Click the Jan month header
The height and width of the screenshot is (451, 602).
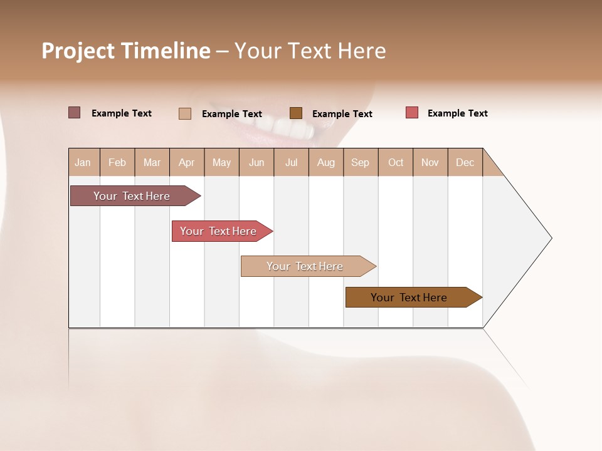[83, 162]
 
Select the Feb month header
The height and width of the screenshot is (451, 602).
[117, 162]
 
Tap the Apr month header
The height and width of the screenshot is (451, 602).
[186, 162]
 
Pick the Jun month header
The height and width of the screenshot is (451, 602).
[256, 162]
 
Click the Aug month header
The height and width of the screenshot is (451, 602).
[325, 162]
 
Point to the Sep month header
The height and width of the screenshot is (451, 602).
[360, 162]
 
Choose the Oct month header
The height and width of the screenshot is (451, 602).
[396, 162]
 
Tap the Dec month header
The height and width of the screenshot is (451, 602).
[465, 162]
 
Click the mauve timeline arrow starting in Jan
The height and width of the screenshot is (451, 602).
[132, 196]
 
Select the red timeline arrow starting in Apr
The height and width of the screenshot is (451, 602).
[218, 231]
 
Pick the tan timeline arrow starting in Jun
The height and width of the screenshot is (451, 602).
[305, 266]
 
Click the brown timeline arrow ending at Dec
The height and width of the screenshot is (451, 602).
[409, 298]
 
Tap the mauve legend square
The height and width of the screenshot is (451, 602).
[74, 113]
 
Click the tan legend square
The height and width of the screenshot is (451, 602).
[184, 113]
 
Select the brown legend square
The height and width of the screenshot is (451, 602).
[296, 113]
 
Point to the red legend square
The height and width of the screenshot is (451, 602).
[411, 113]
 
